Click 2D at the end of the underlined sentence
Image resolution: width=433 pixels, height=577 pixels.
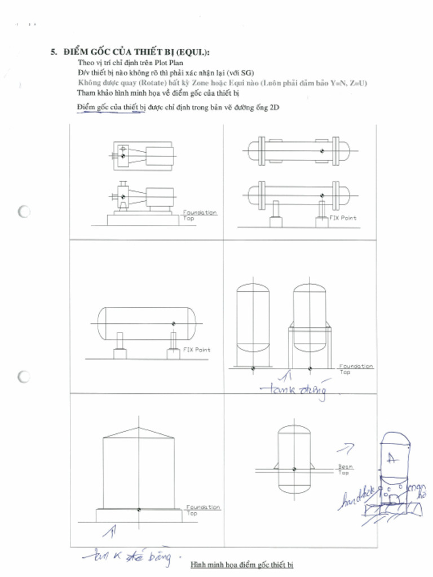(275, 107)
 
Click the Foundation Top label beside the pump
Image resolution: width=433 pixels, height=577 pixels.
(200, 215)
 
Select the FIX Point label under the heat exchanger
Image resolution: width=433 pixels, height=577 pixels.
(343, 218)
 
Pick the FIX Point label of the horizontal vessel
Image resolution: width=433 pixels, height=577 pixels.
(196, 350)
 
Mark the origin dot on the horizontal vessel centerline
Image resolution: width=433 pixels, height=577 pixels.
(173, 323)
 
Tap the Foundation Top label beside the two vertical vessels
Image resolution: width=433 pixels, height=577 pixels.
(356, 369)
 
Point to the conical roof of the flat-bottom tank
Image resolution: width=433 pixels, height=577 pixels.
(139, 430)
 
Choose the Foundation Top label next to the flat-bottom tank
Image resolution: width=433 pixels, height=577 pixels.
(202, 509)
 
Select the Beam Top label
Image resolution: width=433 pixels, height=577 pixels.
(345, 469)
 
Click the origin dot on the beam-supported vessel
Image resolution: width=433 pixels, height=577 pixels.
(294, 469)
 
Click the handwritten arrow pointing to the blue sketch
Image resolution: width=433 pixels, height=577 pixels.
(345, 448)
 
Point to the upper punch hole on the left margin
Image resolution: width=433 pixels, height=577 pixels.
(24, 212)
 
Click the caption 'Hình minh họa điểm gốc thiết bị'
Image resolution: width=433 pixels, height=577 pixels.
(242, 564)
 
